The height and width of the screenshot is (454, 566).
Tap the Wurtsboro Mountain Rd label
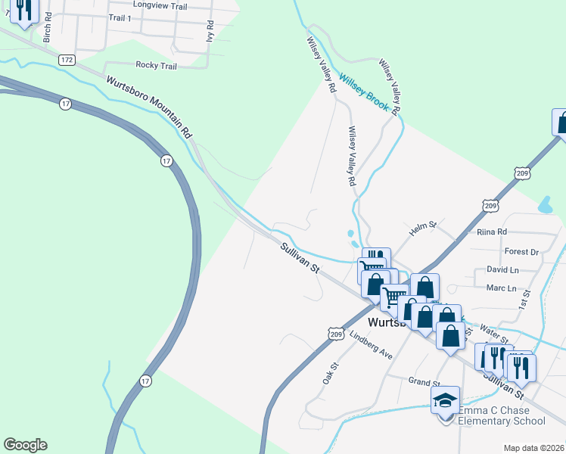pyautogui.click(x=150, y=107)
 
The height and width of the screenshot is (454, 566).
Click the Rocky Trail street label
pyautogui.click(x=156, y=66)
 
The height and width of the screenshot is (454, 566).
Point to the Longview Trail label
pyautogui.click(x=159, y=6)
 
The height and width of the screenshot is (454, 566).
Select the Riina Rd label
pyautogui.click(x=492, y=232)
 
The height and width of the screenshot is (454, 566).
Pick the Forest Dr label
pyautogui.click(x=521, y=251)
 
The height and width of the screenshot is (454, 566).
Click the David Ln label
pyautogui.click(x=502, y=269)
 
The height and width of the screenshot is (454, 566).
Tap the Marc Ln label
pyautogui.click(x=501, y=288)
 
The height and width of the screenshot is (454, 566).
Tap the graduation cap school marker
pyautogui.click(x=446, y=399)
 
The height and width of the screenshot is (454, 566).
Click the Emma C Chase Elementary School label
pyautogui.click(x=501, y=415)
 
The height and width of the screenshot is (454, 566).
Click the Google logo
pyautogui.click(x=25, y=445)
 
